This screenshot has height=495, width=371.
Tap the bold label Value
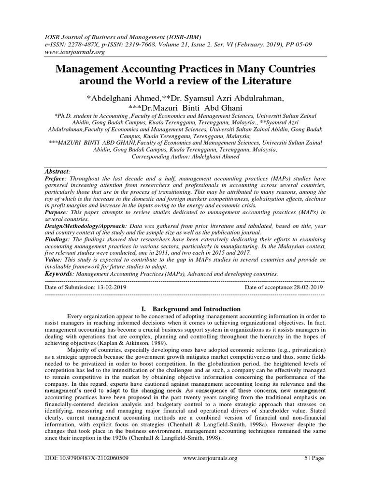point(53,260)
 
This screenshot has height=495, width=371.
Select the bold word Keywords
point(60,274)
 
